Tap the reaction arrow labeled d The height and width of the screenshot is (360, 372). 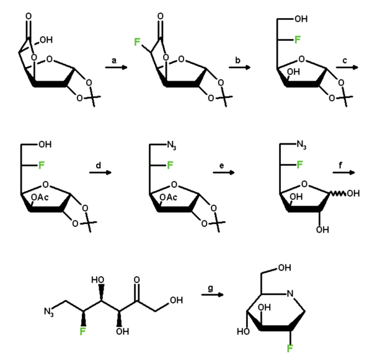[100, 174]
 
